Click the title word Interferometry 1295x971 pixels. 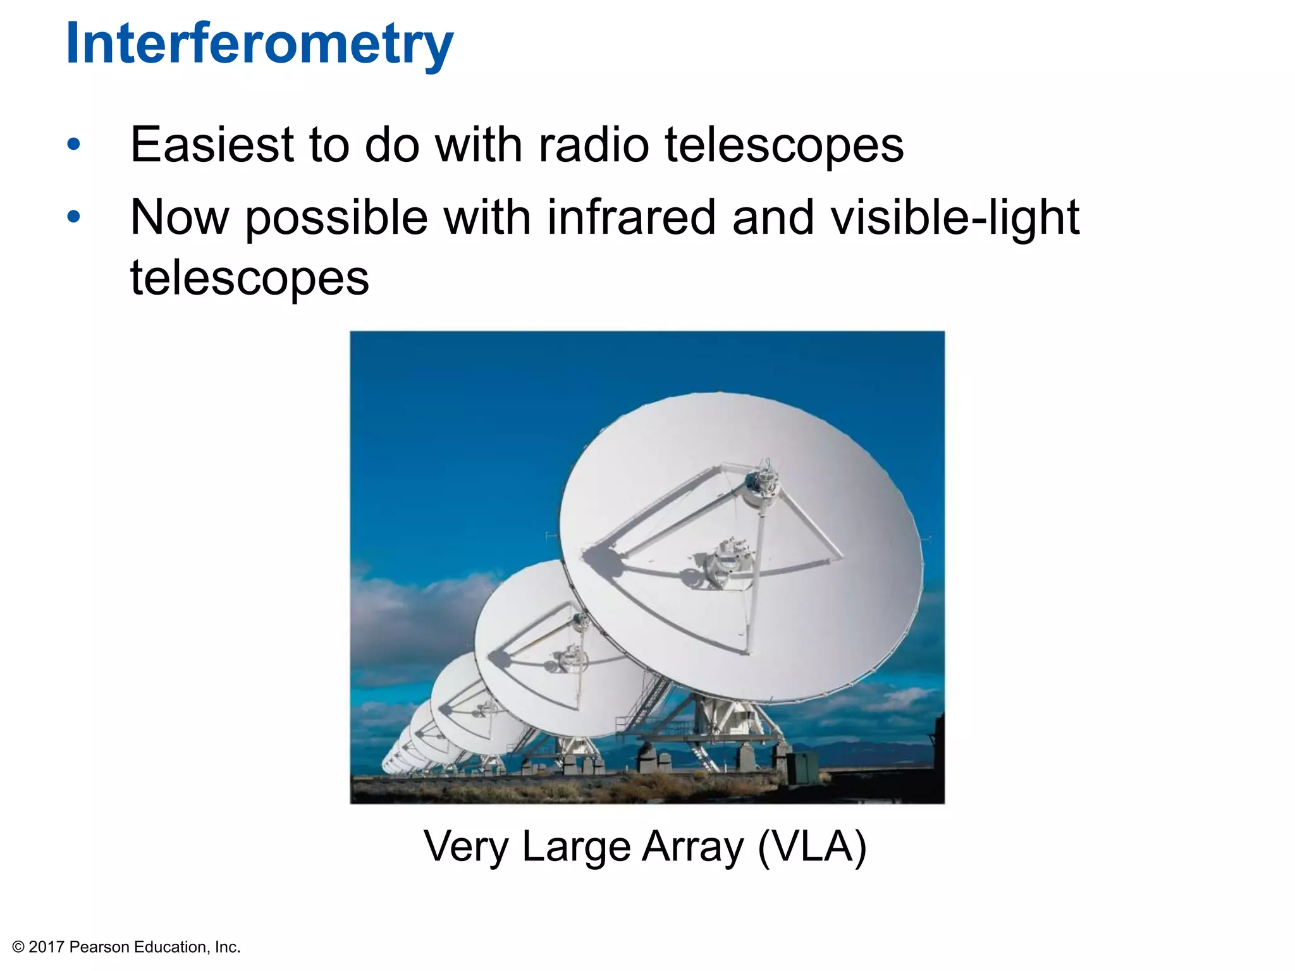(x=259, y=44)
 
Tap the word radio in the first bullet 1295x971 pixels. (x=593, y=145)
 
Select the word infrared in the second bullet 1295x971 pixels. (x=631, y=218)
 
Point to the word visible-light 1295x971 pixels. (x=955, y=218)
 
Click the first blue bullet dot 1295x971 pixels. (x=74, y=145)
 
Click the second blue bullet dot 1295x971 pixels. (x=74, y=217)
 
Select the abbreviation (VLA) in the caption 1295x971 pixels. (x=812, y=847)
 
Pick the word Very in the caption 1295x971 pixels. (x=465, y=847)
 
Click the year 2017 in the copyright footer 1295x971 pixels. (x=47, y=947)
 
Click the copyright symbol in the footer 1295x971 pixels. (x=18, y=947)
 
